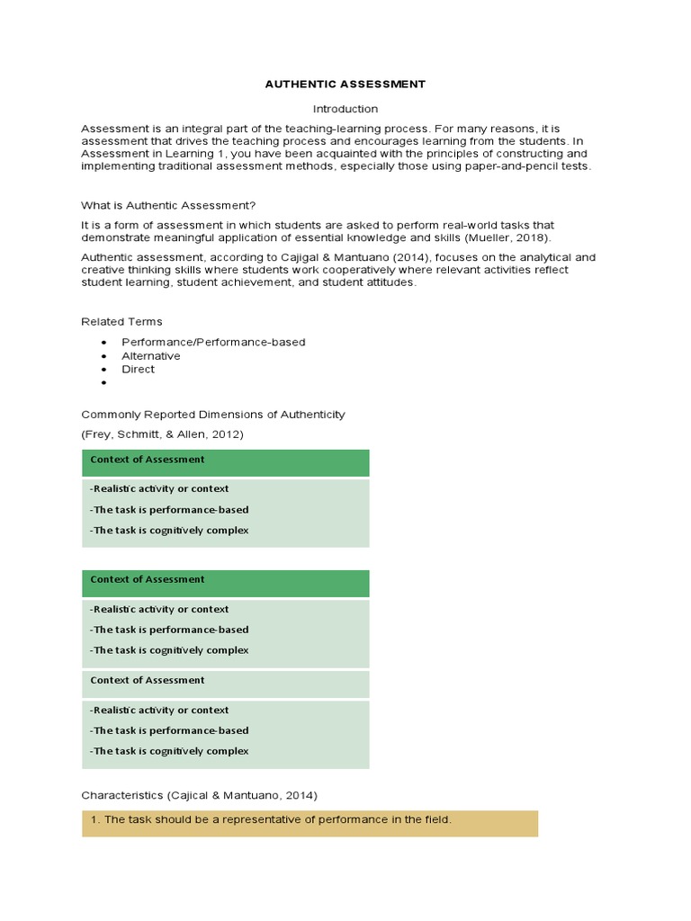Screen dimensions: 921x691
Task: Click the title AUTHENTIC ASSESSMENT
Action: pos(345,85)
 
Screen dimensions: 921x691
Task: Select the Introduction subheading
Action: pos(345,109)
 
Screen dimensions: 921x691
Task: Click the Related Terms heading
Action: pos(121,321)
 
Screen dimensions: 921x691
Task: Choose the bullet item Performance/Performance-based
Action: pos(213,342)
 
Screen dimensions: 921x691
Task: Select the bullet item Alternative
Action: pos(151,355)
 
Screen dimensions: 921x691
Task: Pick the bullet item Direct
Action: pos(138,369)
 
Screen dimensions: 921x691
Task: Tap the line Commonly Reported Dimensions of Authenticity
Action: pos(212,415)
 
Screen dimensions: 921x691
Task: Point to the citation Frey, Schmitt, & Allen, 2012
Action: pos(162,434)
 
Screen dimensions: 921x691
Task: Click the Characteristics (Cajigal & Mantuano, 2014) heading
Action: pos(199,795)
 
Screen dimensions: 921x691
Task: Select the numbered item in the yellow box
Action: pos(277,819)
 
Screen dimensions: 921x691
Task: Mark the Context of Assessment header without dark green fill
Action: pos(148,681)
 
